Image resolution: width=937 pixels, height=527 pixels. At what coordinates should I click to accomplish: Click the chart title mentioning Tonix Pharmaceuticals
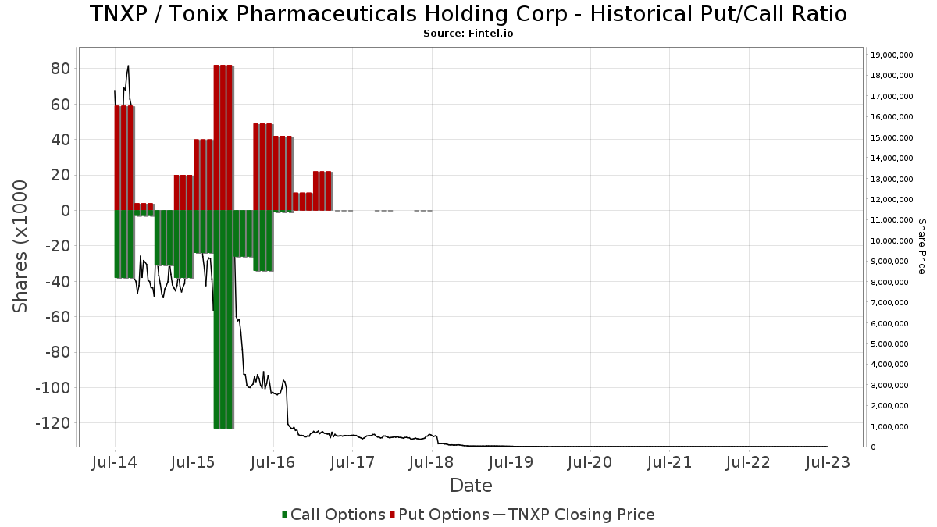468,14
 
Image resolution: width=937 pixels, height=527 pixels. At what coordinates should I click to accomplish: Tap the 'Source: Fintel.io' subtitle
468,34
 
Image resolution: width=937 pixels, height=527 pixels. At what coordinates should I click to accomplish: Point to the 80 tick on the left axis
61,69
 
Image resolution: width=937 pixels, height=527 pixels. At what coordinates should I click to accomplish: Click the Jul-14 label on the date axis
115,463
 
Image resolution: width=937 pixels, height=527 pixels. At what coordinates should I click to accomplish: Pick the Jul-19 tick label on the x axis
511,463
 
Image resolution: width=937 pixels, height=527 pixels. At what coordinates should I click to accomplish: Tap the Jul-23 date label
828,463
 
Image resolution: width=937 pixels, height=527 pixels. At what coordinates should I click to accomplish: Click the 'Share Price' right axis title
922,246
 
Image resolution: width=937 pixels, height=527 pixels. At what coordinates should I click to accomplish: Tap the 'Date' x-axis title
471,486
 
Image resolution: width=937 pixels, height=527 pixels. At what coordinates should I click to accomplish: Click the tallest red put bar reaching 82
223,137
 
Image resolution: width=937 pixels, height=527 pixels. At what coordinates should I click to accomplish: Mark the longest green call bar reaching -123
223,319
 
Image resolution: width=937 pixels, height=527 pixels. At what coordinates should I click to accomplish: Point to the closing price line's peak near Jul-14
128,66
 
